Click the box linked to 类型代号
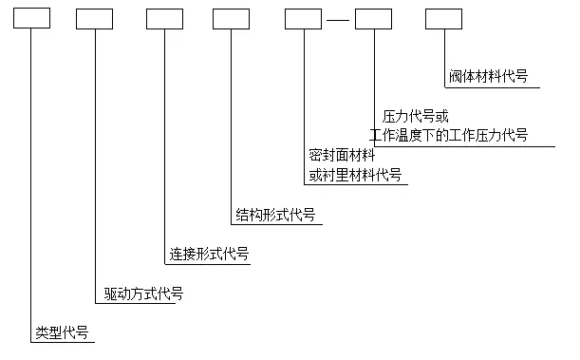30,18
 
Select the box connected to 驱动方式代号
94,18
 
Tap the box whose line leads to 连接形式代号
164,18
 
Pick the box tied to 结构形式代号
231,18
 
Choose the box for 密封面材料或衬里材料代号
304,18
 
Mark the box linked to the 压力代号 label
373,18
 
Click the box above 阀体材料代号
443,18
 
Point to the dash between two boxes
338,19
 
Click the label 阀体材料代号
488,76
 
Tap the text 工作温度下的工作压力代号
448,134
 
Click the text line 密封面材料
342,155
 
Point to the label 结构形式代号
275,214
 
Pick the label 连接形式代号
209,254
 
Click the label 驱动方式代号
142,294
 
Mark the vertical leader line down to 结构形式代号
231,123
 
